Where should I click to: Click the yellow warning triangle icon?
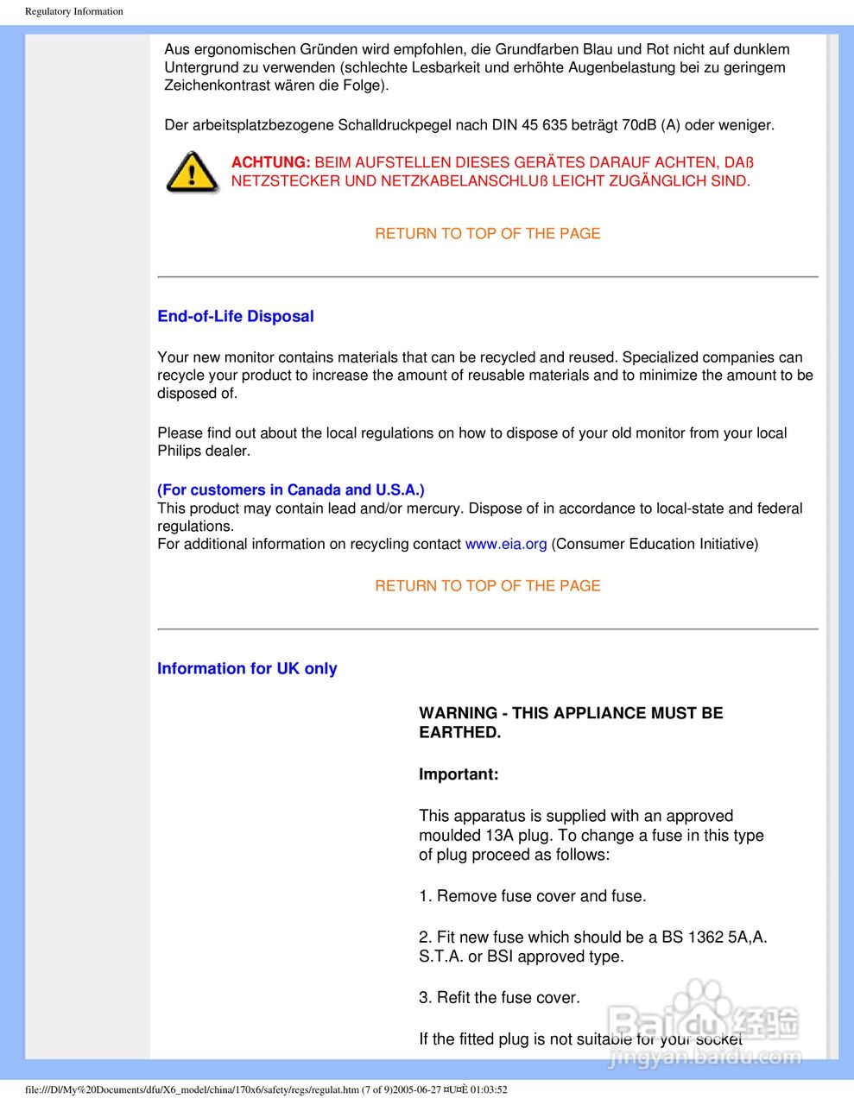click(192, 171)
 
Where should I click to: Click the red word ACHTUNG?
click(270, 162)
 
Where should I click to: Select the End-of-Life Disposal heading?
click(235, 316)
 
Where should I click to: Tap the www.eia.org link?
click(506, 544)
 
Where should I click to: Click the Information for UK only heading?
click(247, 668)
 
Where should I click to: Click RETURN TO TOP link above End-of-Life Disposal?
click(487, 233)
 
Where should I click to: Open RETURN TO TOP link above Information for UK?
click(487, 585)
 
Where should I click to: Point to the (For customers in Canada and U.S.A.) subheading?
click(290, 489)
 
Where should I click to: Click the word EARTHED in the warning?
click(459, 732)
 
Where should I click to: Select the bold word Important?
click(459, 774)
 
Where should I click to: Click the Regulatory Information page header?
click(74, 11)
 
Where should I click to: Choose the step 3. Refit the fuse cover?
click(499, 997)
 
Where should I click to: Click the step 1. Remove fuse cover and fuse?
click(532, 896)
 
